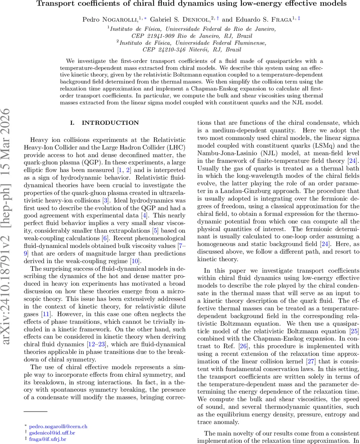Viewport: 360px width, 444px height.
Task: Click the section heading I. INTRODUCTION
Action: coord(105,123)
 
